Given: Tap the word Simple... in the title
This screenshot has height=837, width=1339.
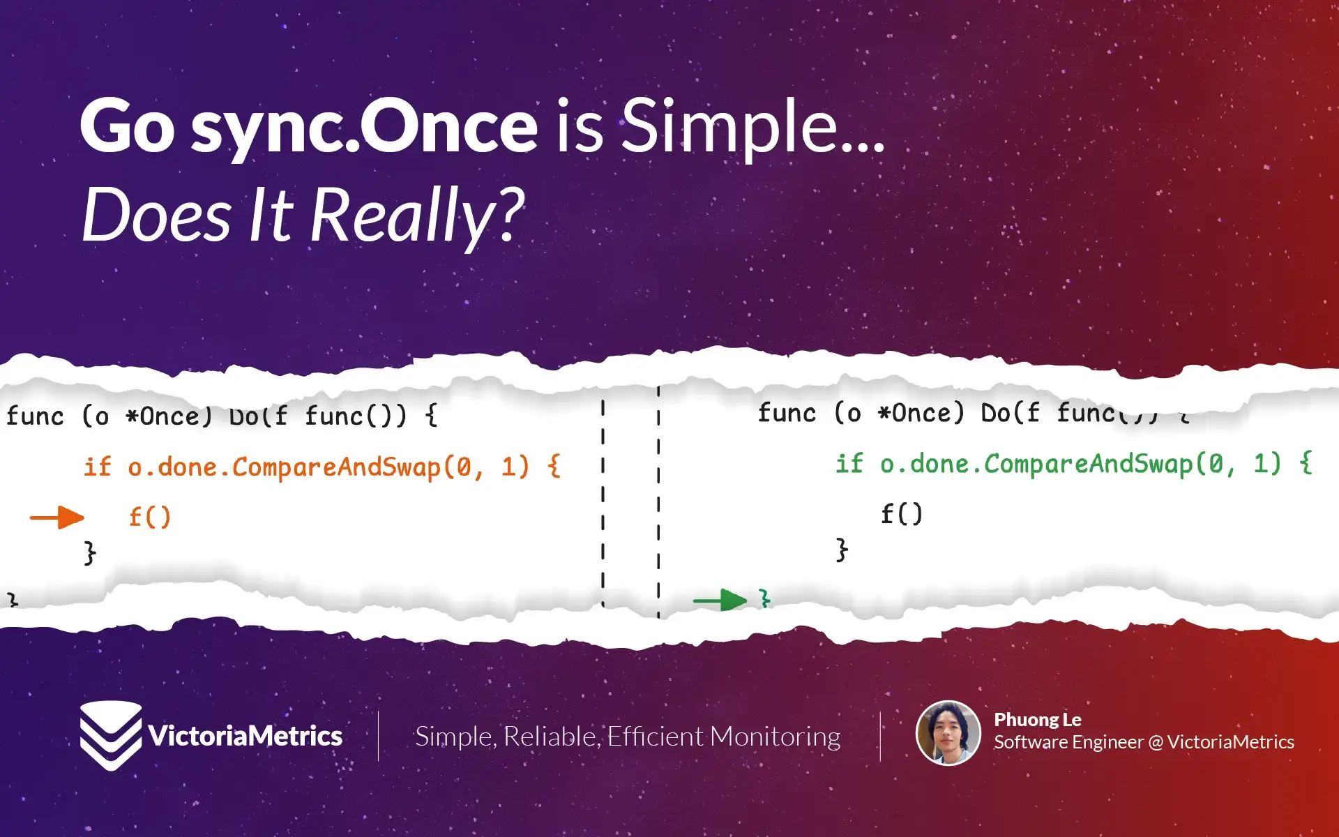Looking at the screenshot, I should point(752,127).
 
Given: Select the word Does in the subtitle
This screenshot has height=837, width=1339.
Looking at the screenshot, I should point(156,215).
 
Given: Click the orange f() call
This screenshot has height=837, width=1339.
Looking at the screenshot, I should point(150,518).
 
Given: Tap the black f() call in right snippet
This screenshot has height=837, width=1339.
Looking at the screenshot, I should point(901,515).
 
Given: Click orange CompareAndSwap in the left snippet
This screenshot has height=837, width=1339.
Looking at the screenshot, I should point(336,467).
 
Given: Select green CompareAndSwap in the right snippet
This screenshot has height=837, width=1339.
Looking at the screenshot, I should point(1088,464).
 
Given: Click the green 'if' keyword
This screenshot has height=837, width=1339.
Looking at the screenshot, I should point(849,464).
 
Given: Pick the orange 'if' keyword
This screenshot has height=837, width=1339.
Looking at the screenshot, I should point(98,467).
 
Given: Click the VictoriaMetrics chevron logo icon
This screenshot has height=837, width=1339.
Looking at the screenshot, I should point(110,736).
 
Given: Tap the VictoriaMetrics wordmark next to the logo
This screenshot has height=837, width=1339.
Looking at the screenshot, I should point(245,737).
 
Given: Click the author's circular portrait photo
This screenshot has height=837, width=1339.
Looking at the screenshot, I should point(948,733).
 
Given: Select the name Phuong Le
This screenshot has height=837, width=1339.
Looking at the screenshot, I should point(1037,720).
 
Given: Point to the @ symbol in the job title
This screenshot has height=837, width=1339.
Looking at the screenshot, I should point(1155,742).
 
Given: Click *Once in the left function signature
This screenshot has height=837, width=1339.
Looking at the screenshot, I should point(169,416).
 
